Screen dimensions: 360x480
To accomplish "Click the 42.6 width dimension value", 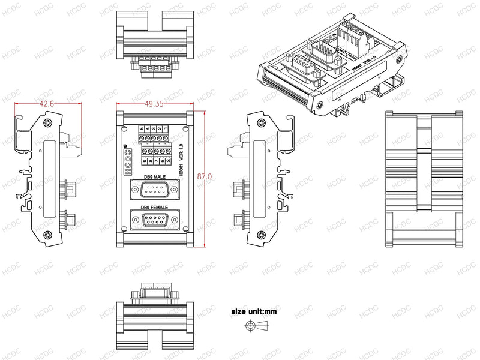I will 46,104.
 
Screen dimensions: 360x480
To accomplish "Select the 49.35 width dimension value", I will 154,104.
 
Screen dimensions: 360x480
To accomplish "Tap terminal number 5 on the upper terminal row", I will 142,128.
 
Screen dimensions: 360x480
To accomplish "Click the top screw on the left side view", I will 47,124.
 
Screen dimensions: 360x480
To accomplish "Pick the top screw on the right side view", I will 262,124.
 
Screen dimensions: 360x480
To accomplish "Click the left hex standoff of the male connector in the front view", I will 135,191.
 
